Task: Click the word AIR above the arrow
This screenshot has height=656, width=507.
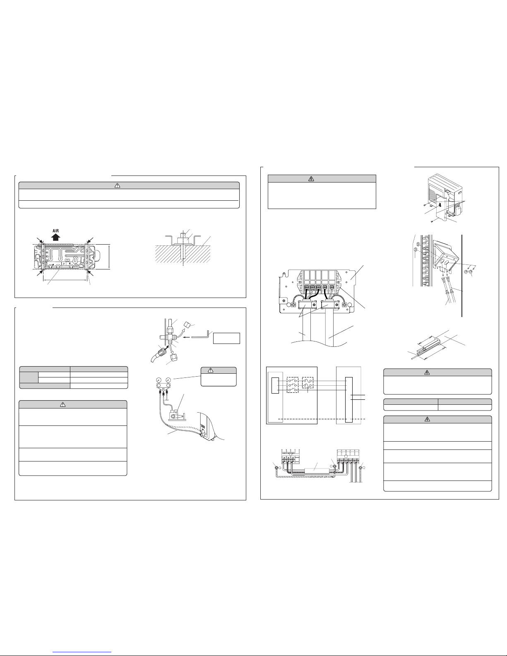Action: (55, 231)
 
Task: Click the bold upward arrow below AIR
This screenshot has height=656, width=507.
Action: (55, 237)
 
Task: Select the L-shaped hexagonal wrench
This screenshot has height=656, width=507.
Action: (201, 335)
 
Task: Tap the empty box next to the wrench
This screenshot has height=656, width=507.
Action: (227, 338)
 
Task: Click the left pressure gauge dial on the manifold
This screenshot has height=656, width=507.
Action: (158, 380)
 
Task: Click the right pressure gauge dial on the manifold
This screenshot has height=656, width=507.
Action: (168, 380)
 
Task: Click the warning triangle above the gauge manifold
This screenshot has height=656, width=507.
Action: (211, 370)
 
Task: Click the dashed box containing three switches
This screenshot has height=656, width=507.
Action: (292, 385)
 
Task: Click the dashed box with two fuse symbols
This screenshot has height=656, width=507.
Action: (308, 383)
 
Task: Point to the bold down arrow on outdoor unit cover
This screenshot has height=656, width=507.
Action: (440, 204)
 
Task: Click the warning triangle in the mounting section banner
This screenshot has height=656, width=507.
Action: (118, 186)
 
